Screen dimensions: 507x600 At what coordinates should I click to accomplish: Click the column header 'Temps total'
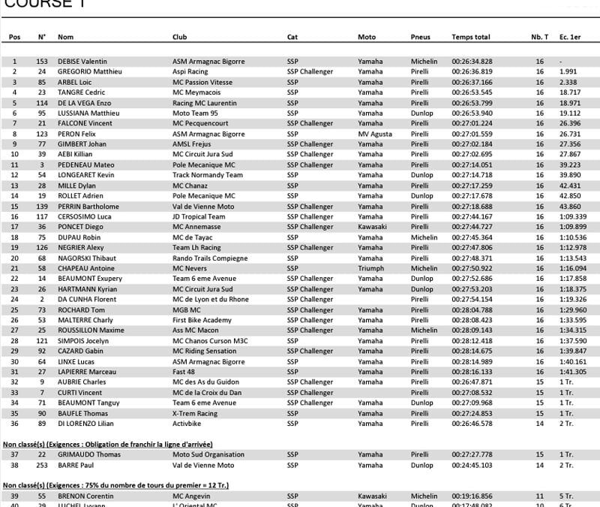pos(470,37)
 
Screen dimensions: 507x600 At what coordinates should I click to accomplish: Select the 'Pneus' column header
pos(421,37)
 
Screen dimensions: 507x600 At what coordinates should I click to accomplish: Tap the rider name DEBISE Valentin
pos(82,62)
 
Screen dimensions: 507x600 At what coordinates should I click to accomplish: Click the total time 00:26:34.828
pos(472,62)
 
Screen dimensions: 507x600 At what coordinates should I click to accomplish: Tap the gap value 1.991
pos(568,72)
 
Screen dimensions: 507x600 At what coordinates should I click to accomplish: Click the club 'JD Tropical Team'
pos(198,216)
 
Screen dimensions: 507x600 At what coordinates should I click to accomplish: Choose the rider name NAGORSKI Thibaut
pos(85,258)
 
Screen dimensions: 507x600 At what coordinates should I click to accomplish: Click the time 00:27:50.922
pos(472,268)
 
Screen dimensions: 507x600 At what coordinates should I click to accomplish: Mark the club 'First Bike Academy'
pos(201,320)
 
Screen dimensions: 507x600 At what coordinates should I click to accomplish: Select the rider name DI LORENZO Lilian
pos(84,424)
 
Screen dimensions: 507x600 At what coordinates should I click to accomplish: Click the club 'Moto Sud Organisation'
pos(208,454)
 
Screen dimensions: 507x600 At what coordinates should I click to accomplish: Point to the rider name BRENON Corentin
pos(85,496)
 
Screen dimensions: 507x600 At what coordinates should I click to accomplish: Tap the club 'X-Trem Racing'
pos(195,413)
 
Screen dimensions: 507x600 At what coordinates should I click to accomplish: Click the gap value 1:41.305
pos(573,372)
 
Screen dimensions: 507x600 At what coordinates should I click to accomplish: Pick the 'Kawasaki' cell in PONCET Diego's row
pos(372,227)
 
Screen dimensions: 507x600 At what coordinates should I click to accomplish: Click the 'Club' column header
pos(179,37)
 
